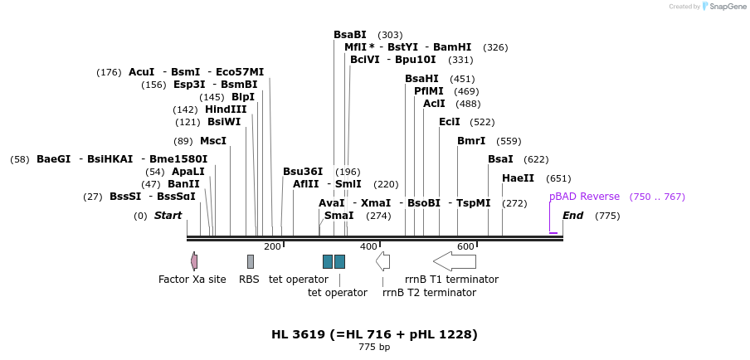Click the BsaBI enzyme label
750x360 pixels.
(x=349, y=35)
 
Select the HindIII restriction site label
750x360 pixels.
(x=226, y=109)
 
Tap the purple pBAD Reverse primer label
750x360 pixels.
(x=584, y=197)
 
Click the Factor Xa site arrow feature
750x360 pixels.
(x=194, y=261)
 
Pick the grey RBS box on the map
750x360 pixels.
(x=251, y=261)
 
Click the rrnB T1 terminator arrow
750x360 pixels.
(x=455, y=261)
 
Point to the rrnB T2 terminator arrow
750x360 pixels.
(x=382, y=261)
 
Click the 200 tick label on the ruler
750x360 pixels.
(x=272, y=246)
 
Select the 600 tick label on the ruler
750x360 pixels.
(x=465, y=246)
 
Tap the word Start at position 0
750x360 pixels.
(x=168, y=216)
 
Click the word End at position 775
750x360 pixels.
(x=573, y=216)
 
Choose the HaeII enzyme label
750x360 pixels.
(x=519, y=178)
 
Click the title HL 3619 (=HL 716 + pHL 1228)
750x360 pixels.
(x=374, y=334)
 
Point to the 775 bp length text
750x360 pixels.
(x=374, y=348)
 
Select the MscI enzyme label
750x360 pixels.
(x=213, y=141)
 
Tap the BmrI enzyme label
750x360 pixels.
(x=471, y=141)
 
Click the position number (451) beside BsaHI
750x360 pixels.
(x=462, y=79)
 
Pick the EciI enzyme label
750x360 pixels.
(x=450, y=122)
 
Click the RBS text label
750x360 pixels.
(x=249, y=280)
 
